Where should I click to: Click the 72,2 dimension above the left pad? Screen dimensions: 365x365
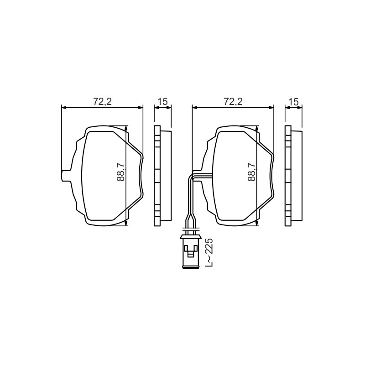[102, 101]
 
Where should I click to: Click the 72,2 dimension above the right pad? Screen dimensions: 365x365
[233, 101]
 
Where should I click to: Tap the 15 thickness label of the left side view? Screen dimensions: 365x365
[163, 101]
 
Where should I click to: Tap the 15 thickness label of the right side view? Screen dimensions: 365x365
[293, 101]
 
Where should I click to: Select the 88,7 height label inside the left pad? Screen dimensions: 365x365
[121, 172]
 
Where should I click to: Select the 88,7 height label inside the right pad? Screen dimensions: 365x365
[252, 172]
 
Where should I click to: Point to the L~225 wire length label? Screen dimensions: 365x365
[209, 252]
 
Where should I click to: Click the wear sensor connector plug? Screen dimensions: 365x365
[191, 252]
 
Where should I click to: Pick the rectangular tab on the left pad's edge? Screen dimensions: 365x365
[66, 176]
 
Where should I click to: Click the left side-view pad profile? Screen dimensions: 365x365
[163, 176]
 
